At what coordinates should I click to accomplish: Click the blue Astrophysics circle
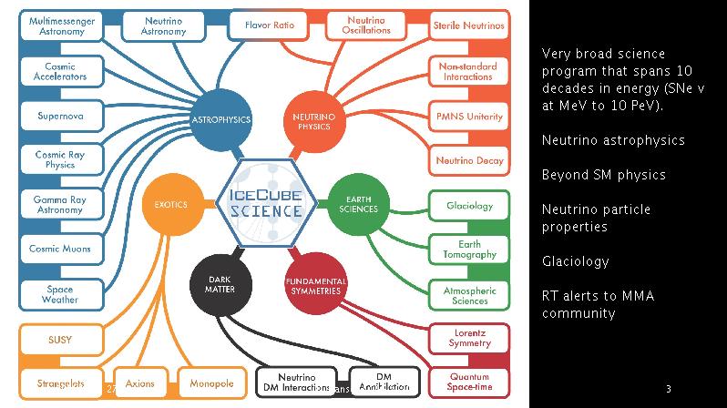220,119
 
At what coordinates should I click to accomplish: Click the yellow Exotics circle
170,204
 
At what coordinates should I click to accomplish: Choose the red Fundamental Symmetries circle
313,285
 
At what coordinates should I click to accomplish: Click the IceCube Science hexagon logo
267,202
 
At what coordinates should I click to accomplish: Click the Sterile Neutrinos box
467,26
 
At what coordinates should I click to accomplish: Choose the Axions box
140,383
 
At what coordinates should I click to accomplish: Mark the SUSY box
59,340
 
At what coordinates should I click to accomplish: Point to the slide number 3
668,388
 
